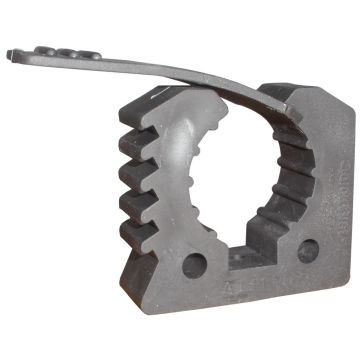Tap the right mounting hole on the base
point(308,250)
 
